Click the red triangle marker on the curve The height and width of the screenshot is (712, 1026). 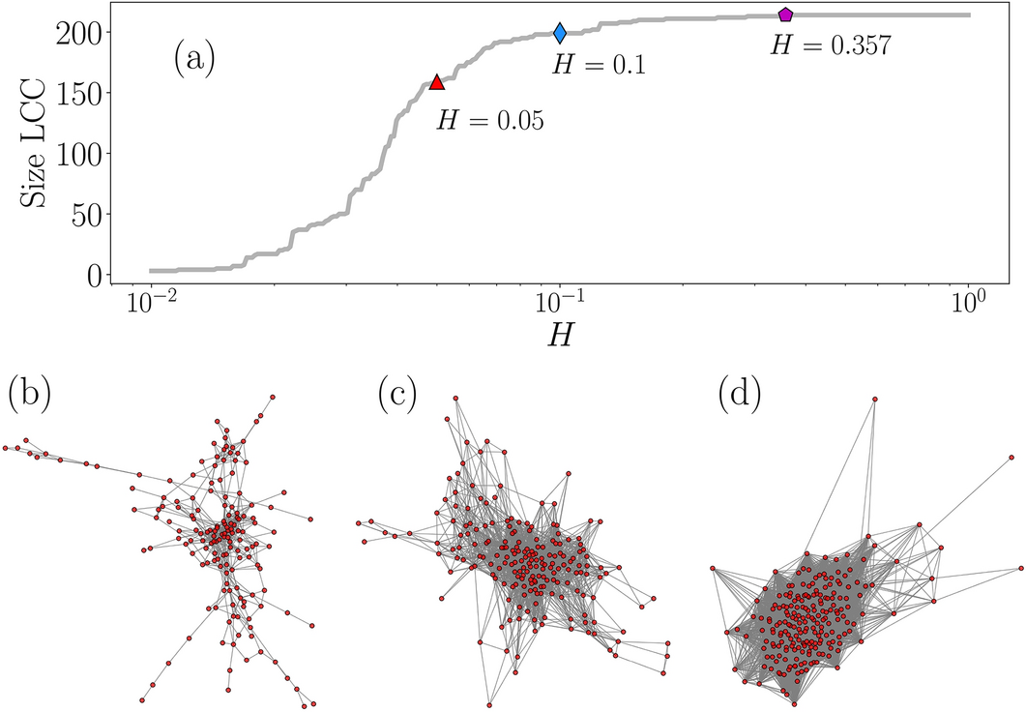pos(436,82)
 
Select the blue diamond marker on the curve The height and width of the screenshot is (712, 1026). pos(560,34)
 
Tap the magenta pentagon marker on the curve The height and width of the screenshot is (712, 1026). pos(785,15)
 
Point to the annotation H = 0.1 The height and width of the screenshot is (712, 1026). pos(598,65)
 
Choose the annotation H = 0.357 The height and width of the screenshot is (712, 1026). pos(830,45)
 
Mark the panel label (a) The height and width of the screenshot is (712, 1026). pos(194,60)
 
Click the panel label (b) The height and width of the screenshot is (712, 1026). pos(28,392)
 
